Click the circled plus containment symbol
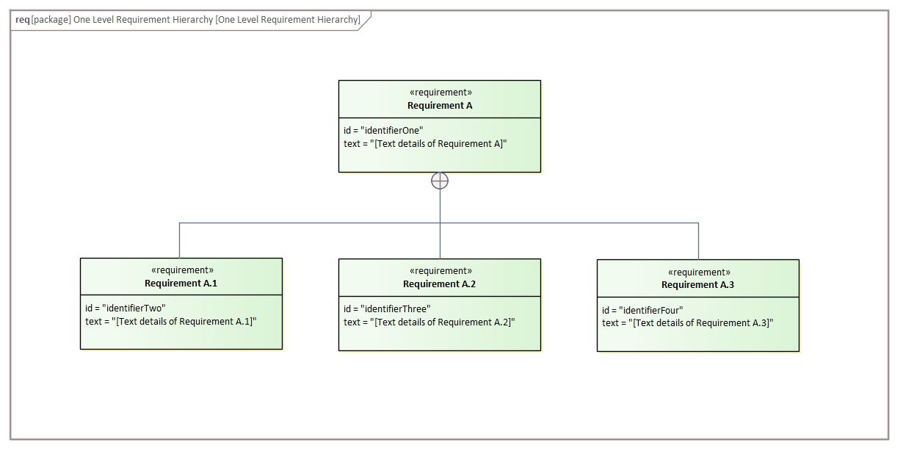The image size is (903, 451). pyautogui.click(x=440, y=181)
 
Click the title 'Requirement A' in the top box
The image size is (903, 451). pyautogui.click(x=440, y=106)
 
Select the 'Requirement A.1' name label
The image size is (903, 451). pyautogui.click(x=181, y=284)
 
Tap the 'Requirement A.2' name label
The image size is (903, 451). pyautogui.click(x=439, y=284)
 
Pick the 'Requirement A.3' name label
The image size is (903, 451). pyautogui.click(x=697, y=285)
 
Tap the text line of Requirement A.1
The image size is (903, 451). pyautogui.click(x=171, y=322)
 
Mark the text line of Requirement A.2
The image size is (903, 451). pyautogui.click(x=429, y=322)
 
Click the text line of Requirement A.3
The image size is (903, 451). pyautogui.click(x=688, y=323)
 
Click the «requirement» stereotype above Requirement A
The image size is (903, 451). pyautogui.click(x=440, y=93)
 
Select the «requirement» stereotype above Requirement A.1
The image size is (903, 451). pyautogui.click(x=181, y=270)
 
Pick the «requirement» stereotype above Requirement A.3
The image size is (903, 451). pyautogui.click(x=698, y=272)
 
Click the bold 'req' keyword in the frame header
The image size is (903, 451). pyautogui.click(x=22, y=20)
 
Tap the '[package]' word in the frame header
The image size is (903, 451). pyautogui.click(x=51, y=20)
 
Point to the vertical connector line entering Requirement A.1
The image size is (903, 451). pyautogui.click(x=179, y=240)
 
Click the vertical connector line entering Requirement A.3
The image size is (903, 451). pyautogui.click(x=698, y=241)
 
